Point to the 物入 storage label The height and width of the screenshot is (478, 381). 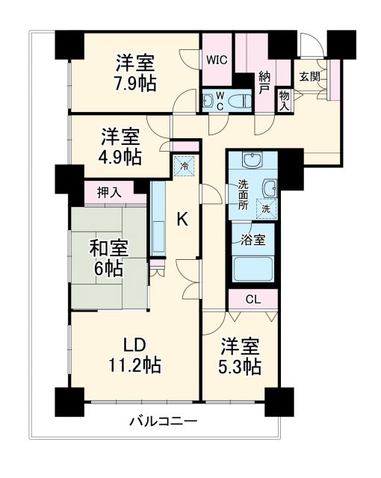coord(284,99)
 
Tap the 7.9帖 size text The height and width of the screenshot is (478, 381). coord(135,83)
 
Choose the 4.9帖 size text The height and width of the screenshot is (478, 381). coord(121,158)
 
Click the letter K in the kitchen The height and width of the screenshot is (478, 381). coord(182,219)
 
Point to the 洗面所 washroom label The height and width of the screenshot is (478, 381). coord(244,196)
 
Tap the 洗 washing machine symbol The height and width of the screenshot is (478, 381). coord(266,209)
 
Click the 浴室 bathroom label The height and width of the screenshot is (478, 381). coord(253,241)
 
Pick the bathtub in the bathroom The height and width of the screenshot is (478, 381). coord(254,268)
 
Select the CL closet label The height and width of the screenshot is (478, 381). coord(253,299)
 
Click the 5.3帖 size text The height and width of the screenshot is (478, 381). coord(240,367)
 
